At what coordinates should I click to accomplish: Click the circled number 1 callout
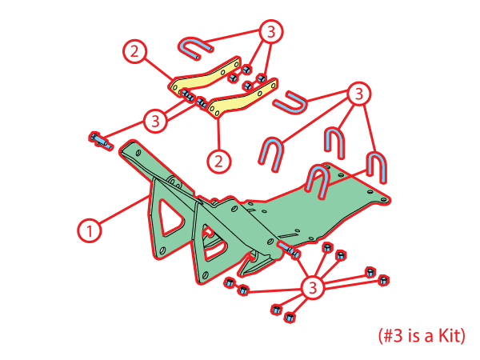click(x=89, y=230)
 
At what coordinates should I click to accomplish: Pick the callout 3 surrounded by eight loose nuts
click(x=312, y=288)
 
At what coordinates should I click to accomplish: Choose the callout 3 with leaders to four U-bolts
click(x=359, y=94)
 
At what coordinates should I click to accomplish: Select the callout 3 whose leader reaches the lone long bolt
click(x=155, y=122)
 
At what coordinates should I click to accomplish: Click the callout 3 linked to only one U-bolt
click(x=271, y=32)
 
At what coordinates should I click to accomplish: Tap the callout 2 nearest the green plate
click(x=218, y=161)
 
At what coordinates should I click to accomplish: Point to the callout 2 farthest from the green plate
click(x=134, y=51)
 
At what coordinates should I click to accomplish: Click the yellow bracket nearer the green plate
click(x=242, y=98)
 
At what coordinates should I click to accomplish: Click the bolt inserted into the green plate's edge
click(x=288, y=249)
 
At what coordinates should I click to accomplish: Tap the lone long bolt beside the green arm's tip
click(x=100, y=141)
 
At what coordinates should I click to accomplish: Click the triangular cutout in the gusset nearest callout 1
click(x=170, y=218)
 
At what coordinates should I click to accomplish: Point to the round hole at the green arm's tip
click(x=138, y=152)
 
